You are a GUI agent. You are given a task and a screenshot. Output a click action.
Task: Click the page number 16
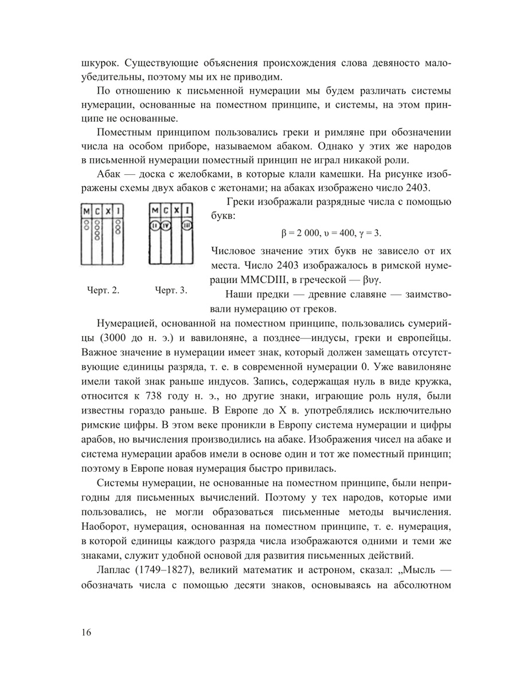coord(87,633)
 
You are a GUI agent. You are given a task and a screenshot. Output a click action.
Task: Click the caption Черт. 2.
coord(103,291)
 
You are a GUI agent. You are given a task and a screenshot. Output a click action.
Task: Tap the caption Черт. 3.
coord(171,291)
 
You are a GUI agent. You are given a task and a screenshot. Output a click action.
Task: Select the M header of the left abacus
coord(87,211)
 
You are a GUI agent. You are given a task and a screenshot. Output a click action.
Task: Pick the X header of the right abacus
coord(176,210)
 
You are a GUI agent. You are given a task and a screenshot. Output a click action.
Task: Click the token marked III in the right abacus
coord(187,224)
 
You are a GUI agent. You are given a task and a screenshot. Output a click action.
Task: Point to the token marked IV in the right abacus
coord(166,224)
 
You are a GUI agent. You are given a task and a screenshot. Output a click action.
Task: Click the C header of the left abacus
coord(97,211)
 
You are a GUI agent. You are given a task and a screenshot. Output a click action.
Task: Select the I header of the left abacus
coord(118,211)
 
